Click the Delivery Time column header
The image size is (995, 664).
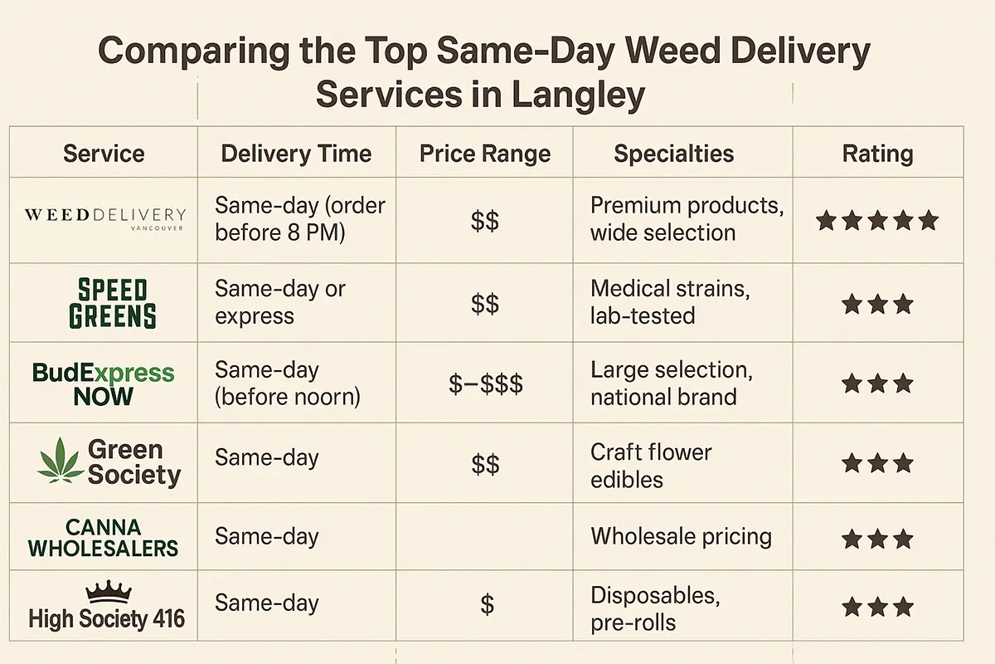pos(296,154)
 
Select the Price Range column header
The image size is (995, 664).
pos(485,154)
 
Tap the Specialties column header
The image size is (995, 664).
pos(673,154)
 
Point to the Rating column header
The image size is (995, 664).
pos(877,154)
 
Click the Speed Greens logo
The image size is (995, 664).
pos(112,303)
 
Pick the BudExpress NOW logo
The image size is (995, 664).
pos(104,383)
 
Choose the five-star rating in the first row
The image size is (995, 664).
pos(876,221)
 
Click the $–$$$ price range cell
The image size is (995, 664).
pos(485,384)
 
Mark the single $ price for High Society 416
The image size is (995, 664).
pos(487,605)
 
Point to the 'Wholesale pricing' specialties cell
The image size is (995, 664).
pos(681,536)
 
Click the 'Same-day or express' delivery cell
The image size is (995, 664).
pos(279,302)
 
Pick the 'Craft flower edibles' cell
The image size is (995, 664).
pos(650,466)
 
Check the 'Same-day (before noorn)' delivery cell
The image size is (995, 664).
pos(287,383)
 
